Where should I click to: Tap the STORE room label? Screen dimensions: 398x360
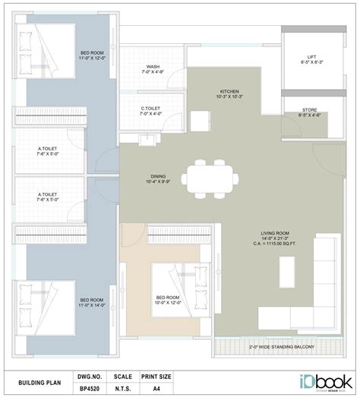click(x=311, y=111)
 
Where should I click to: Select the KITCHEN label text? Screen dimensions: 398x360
click(x=229, y=92)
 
